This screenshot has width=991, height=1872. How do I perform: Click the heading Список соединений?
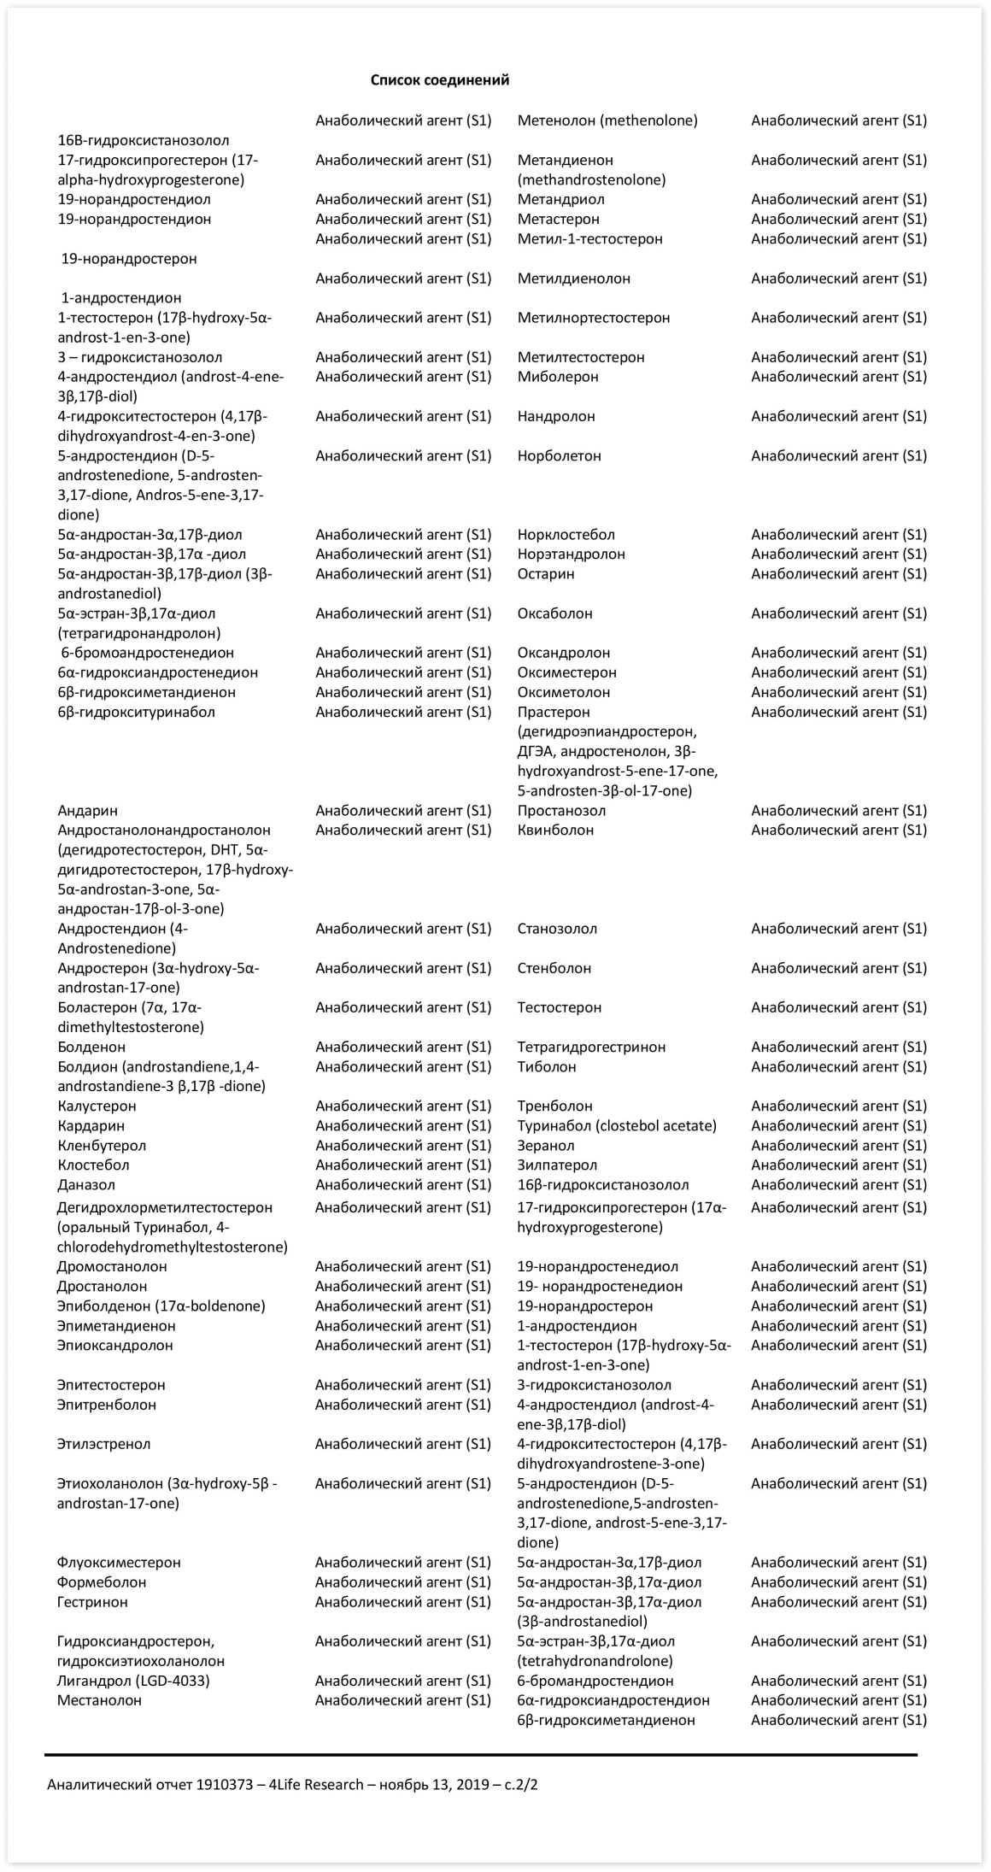439,80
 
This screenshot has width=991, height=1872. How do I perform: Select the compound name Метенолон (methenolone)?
607,120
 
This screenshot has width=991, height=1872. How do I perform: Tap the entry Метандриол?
560,199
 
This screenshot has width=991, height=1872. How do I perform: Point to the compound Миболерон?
558,377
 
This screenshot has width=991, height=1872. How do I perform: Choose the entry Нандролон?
556,416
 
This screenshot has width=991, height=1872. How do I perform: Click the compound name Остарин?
546,573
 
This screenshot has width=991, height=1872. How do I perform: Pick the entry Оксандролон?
564,653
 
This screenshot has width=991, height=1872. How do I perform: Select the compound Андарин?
88,810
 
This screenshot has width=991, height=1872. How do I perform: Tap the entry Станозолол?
557,929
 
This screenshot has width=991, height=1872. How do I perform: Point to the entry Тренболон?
554,1106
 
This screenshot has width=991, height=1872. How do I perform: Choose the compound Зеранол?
546,1145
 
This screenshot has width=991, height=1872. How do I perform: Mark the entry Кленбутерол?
102,1145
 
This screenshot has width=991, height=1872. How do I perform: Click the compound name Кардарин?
91,1125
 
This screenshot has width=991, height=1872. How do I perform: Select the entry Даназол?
86,1184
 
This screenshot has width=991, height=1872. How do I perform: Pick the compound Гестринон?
92,1601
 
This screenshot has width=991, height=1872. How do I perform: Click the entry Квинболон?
555,830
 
